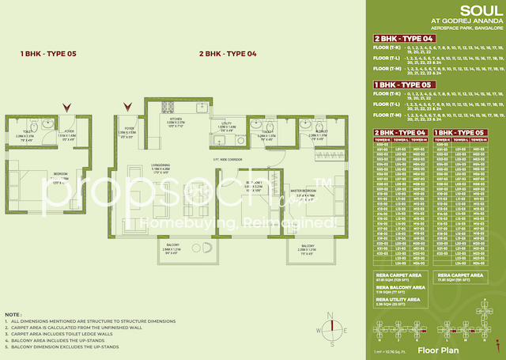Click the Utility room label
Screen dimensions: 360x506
pyautogui.click(x=225, y=124)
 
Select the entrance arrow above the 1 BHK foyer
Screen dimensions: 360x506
pyautogui.click(x=68, y=106)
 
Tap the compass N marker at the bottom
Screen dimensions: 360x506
pyautogui.click(x=334, y=315)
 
